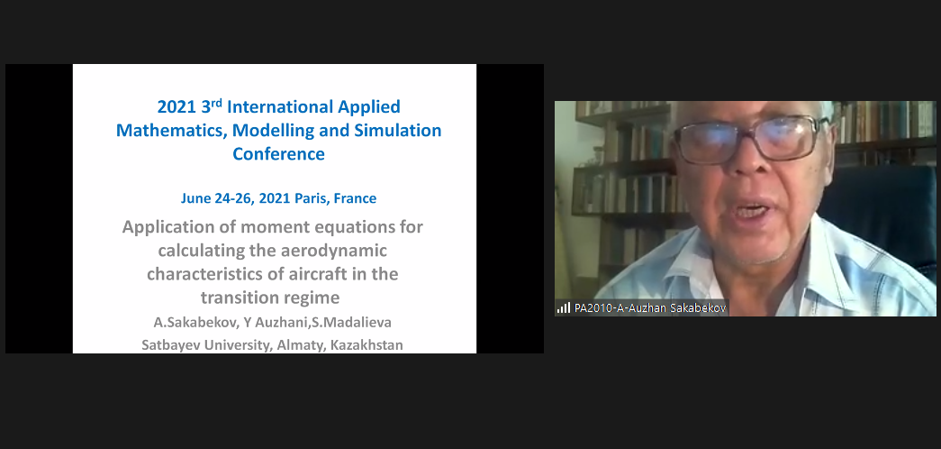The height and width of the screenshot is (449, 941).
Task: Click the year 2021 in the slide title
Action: (176, 107)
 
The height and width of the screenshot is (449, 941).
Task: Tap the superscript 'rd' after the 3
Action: (216, 103)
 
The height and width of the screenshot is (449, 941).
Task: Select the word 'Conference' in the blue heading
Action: (278, 154)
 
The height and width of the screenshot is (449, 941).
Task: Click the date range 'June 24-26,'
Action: (219, 199)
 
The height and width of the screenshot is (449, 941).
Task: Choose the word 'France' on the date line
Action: (356, 198)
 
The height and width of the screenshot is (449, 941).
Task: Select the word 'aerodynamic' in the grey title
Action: (334, 251)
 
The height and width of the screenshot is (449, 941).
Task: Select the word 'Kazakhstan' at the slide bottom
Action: (366, 345)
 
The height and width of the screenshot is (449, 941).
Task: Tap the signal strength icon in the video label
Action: (564, 307)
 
